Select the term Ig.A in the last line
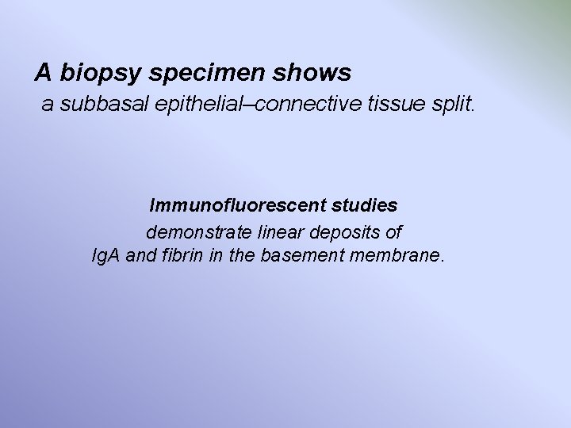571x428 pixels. [105, 257]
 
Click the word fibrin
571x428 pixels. [178, 257]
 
